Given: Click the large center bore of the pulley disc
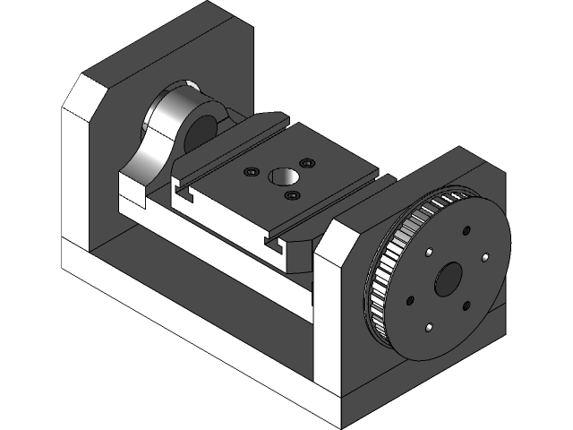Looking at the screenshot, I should tap(447, 279).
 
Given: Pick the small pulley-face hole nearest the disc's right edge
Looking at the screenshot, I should tap(484, 258).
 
